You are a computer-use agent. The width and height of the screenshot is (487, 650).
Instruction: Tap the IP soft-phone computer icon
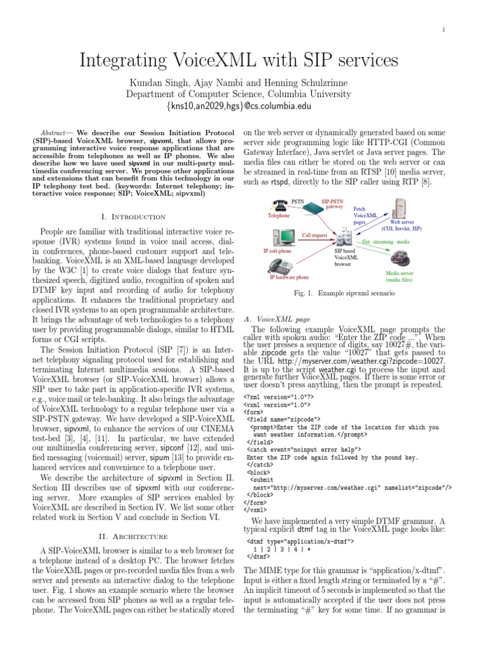click(x=281, y=237)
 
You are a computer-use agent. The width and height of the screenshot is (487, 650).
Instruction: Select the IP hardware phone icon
click(x=283, y=265)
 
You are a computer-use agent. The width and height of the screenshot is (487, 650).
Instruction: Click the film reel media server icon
click(x=400, y=259)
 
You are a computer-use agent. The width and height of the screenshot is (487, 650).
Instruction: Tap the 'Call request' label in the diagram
click(x=315, y=234)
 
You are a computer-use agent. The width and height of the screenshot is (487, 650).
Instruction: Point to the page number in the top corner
click(x=444, y=29)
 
